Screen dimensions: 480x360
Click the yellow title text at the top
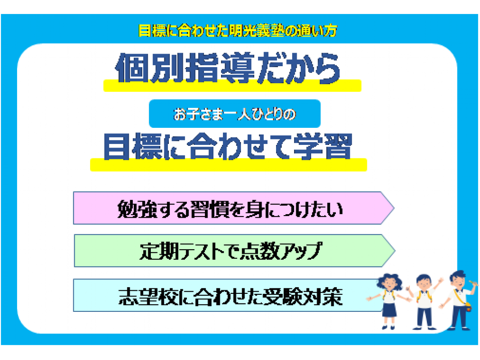[x=238, y=31]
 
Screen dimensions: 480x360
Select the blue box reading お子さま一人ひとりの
[x=235, y=114]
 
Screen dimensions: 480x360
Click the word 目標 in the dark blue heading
[x=132, y=147]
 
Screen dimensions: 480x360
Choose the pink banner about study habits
[x=234, y=208]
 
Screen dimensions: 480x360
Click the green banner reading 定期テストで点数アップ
[x=235, y=251]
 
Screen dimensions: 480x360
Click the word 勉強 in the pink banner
[x=135, y=210]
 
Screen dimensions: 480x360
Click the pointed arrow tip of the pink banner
[x=394, y=208]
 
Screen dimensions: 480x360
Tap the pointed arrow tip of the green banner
[x=395, y=251]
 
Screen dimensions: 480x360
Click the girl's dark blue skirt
[x=389, y=310]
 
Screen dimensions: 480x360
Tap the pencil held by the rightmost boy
[x=473, y=283]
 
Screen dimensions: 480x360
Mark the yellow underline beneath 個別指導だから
[x=232, y=86]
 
